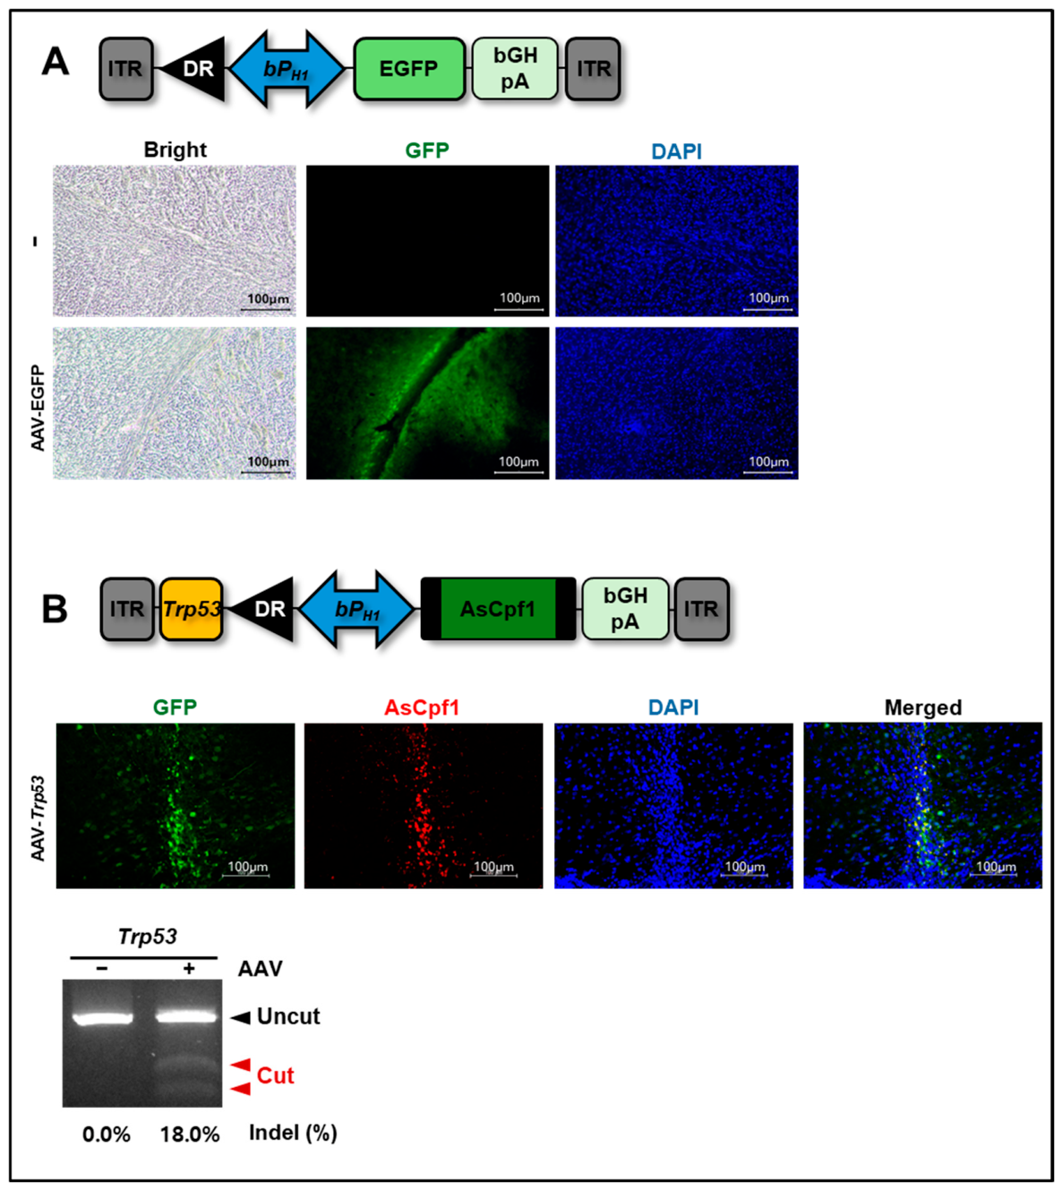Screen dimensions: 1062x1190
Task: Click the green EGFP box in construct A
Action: (x=409, y=69)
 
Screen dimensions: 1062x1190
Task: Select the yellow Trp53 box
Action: (x=191, y=609)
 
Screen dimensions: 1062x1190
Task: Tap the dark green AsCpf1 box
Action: (x=498, y=609)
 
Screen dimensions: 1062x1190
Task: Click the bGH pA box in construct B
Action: (x=625, y=609)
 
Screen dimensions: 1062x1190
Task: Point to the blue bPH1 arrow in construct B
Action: (x=356, y=609)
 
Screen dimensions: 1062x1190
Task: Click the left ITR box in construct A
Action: (x=125, y=69)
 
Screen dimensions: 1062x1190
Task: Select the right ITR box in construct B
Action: (x=701, y=609)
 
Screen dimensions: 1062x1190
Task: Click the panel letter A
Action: (x=56, y=63)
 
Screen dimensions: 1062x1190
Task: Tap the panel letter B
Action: (x=55, y=610)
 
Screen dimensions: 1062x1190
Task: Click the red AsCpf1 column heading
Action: (x=422, y=707)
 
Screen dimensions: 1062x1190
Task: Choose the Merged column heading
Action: (x=923, y=707)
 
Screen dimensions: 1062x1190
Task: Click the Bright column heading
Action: (x=175, y=150)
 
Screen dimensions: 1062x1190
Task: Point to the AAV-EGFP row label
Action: (x=38, y=407)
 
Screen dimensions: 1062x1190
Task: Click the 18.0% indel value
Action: (x=190, y=1134)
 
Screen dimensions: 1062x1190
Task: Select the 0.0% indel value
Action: (x=107, y=1134)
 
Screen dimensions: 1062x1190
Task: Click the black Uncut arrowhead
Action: (x=240, y=1018)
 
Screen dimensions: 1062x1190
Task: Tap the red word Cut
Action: (x=276, y=1075)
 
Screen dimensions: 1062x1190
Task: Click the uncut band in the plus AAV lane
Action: (x=186, y=1017)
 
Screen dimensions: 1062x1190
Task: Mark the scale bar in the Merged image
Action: (x=993, y=875)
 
